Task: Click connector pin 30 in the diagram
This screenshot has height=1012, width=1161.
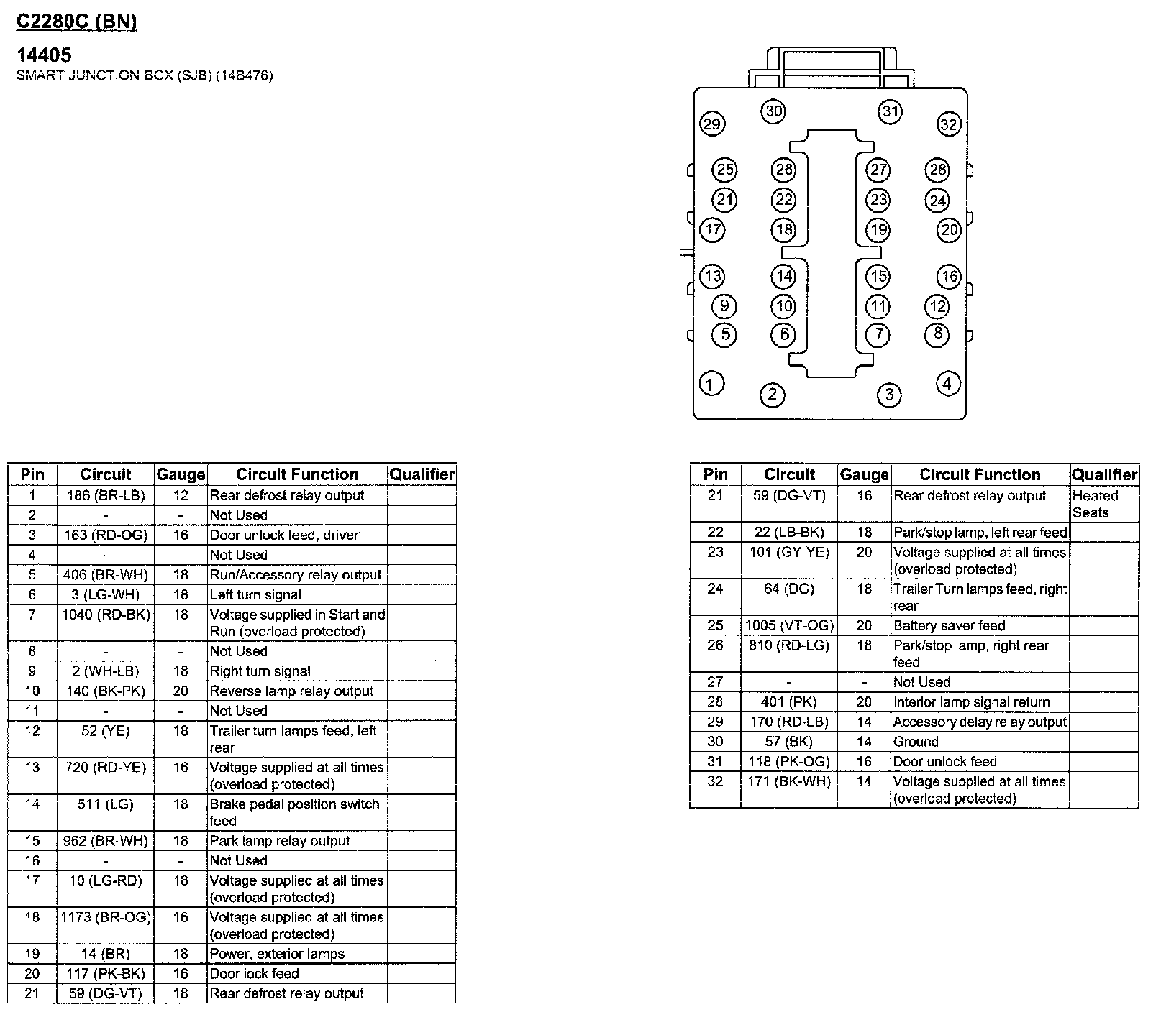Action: pyautogui.click(x=773, y=111)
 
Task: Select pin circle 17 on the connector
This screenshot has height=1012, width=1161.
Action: pyautogui.click(x=712, y=230)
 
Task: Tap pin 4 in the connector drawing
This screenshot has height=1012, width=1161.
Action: pyautogui.click(x=947, y=384)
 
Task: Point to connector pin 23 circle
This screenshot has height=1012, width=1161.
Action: pyautogui.click(x=878, y=200)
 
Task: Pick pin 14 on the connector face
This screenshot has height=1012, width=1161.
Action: pyautogui.click(x=783, y=277)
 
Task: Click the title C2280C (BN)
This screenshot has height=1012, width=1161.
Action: pyautogui.click(x=76, y=22)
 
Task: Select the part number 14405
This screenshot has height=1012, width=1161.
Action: pyautogui.click(x=44, y=55)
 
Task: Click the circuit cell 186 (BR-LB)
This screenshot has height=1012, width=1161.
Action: pyautogui.click(x=106, y=495)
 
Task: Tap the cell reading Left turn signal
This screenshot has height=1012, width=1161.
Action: pyautogui.click(x=255, y=594)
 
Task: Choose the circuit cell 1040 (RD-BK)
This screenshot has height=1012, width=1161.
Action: pyautogui.click(x=106, y=615)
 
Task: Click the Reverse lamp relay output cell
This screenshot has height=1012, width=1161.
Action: pyautogui.click(x=291, y=691)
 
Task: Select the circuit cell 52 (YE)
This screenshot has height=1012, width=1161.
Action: pyautogui.click(x=106, y=731)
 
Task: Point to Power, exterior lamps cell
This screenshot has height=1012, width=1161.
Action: pyautogui.click(x=277, y=954)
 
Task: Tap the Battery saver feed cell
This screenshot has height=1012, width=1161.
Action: pyautogui.click(x=949, y=625)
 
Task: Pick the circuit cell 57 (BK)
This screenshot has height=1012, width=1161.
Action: pyautogui.click(x=789, y=742)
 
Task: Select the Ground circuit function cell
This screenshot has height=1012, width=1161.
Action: pyautogui.click(x=916, y=742)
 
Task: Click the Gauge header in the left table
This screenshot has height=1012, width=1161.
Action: pyautogui.click(x=181, y=474)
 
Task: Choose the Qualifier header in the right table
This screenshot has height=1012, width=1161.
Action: pyautogui.click(x=1104, y=474)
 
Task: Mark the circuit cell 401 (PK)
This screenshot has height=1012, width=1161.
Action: pyautogui.click(x=789, y=702)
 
